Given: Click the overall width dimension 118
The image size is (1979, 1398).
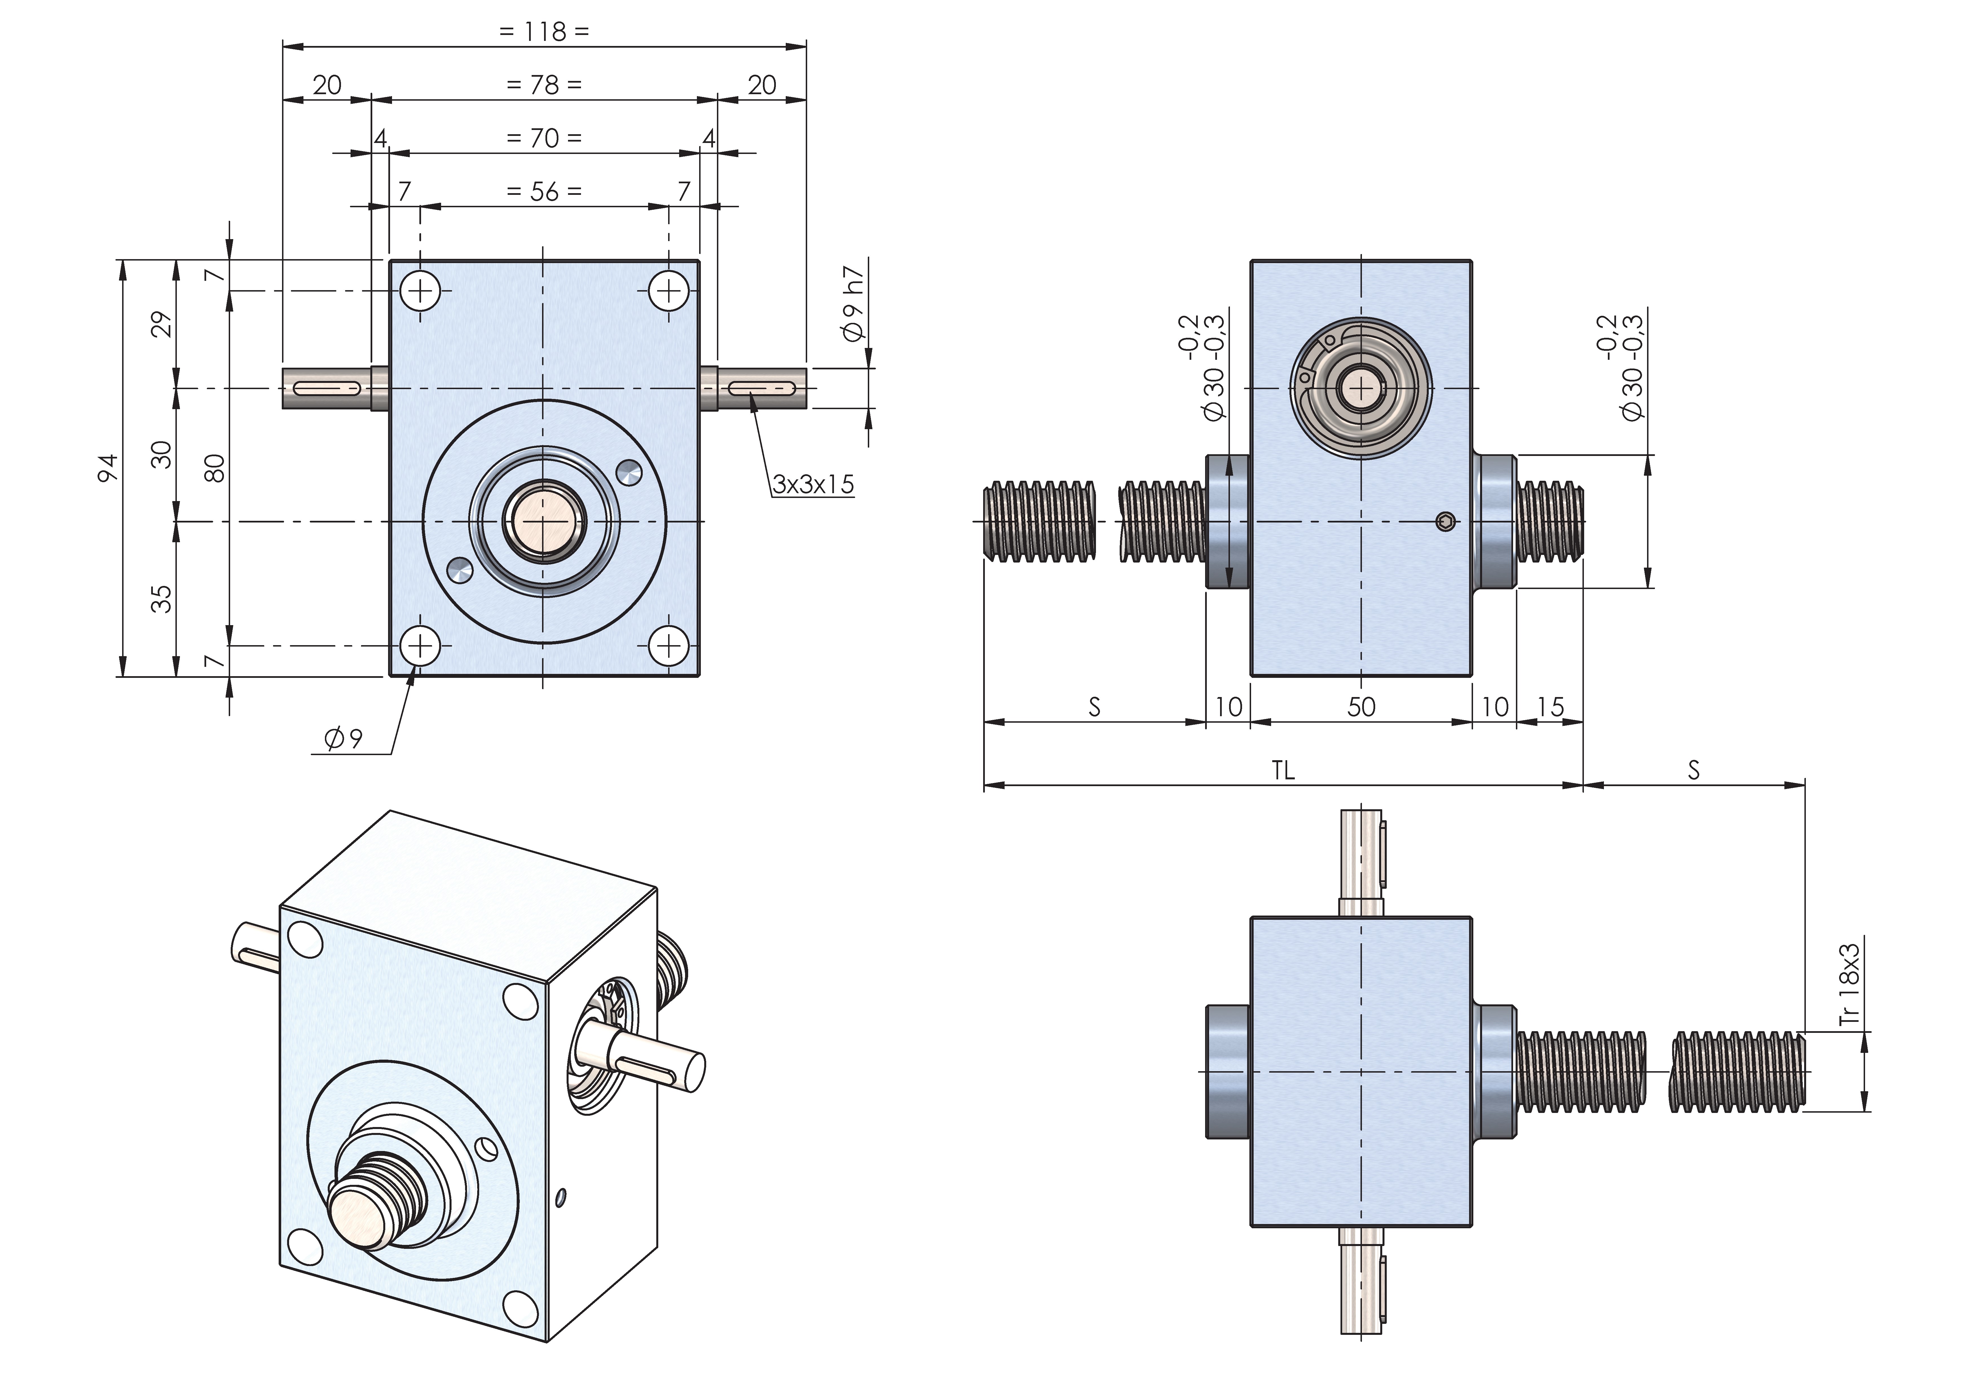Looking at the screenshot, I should (545, 32).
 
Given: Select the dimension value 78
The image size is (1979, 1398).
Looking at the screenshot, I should (545, 85).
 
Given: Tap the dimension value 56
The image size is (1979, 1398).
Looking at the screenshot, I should (545, 191).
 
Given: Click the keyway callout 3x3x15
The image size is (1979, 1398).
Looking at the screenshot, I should (813, 484).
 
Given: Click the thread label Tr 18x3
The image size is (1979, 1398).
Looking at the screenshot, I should (1850, 984).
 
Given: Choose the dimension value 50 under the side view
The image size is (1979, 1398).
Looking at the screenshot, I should (1361, 707).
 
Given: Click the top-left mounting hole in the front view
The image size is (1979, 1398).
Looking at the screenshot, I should (421, 290).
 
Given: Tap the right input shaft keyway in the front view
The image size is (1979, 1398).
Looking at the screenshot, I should (763, 390).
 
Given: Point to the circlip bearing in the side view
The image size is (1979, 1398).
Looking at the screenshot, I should (1361, 390).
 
